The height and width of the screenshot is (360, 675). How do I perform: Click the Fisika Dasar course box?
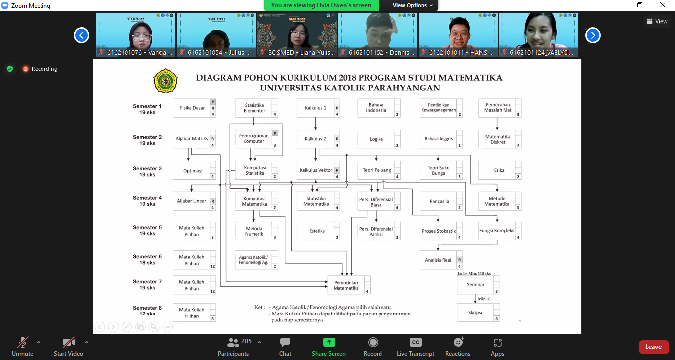[x=192, y=108]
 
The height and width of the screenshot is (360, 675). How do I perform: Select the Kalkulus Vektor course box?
[x=316, y=170]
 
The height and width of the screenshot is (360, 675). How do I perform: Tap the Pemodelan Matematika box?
[x=346, y=285]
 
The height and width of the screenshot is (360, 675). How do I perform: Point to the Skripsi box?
[x=476, y=313]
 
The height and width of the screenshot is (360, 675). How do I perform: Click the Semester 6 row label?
[x=147, y=260]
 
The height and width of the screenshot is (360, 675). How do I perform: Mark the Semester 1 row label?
[x=147, y=109]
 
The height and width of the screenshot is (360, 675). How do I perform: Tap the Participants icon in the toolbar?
[x=233, y=342]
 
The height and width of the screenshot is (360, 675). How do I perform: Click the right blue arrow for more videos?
[x=593, y=35]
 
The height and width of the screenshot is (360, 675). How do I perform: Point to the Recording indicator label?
[x=44, y=69]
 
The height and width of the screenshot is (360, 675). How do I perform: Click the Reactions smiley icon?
[x=458, y=342]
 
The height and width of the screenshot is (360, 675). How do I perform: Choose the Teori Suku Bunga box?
[x=439, y=170]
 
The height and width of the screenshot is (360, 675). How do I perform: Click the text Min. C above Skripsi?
[x=484, y=299]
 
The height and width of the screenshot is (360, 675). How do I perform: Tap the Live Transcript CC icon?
[x=416, y=342]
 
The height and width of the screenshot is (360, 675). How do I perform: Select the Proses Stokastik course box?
[x=439, y=231]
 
